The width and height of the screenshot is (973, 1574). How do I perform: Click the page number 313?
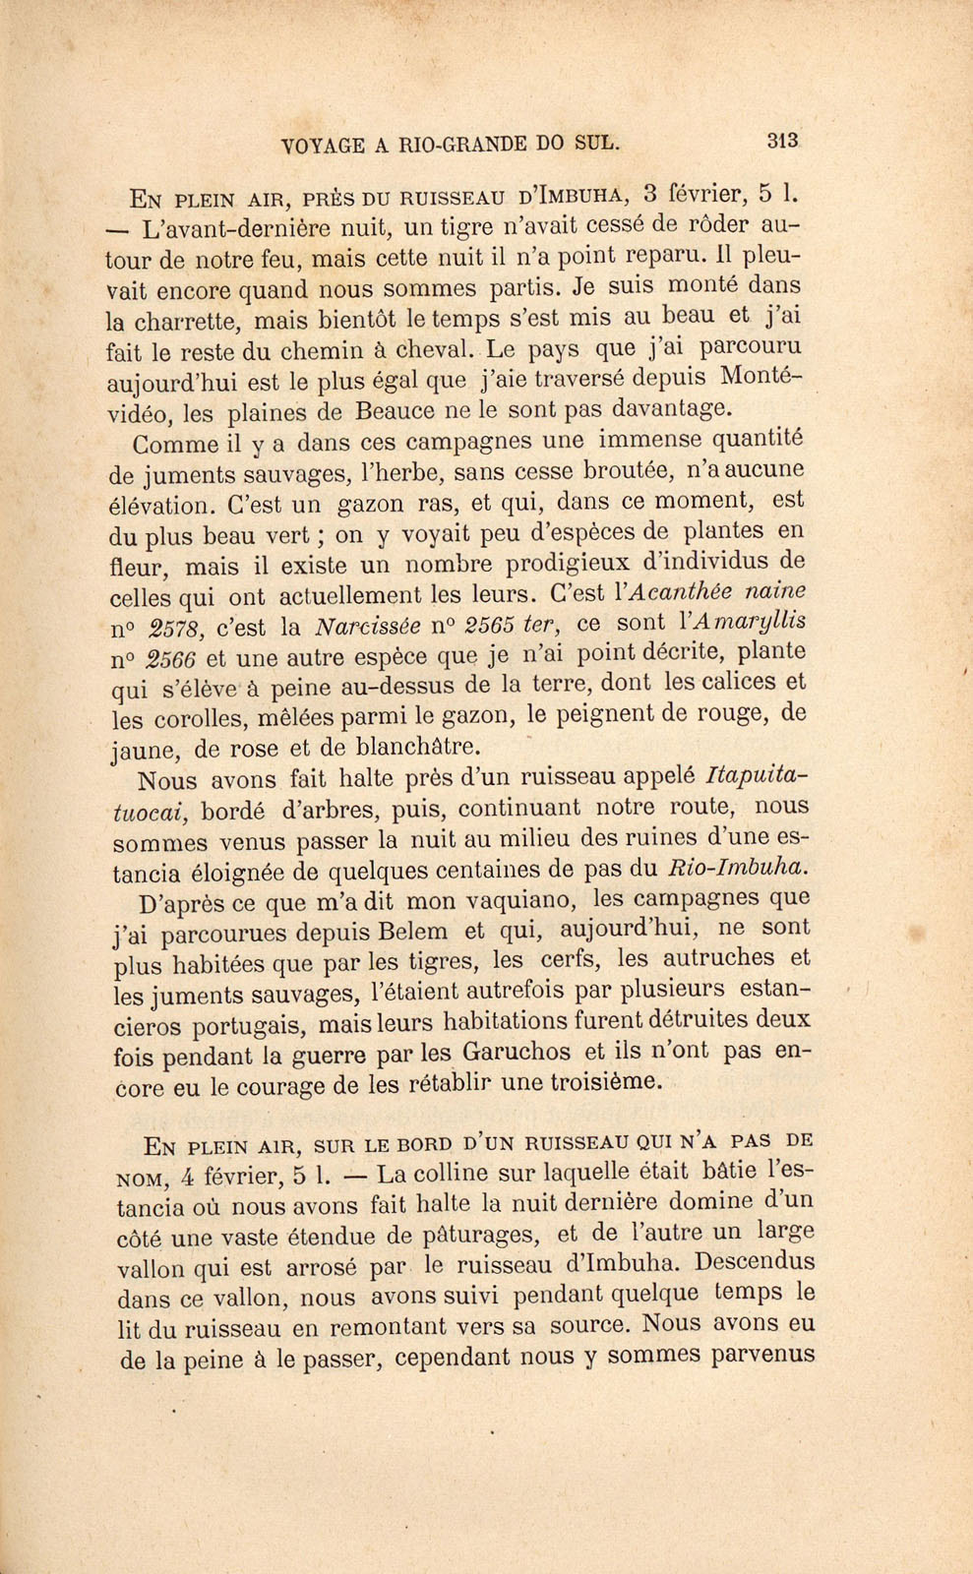[x=783, y=141]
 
